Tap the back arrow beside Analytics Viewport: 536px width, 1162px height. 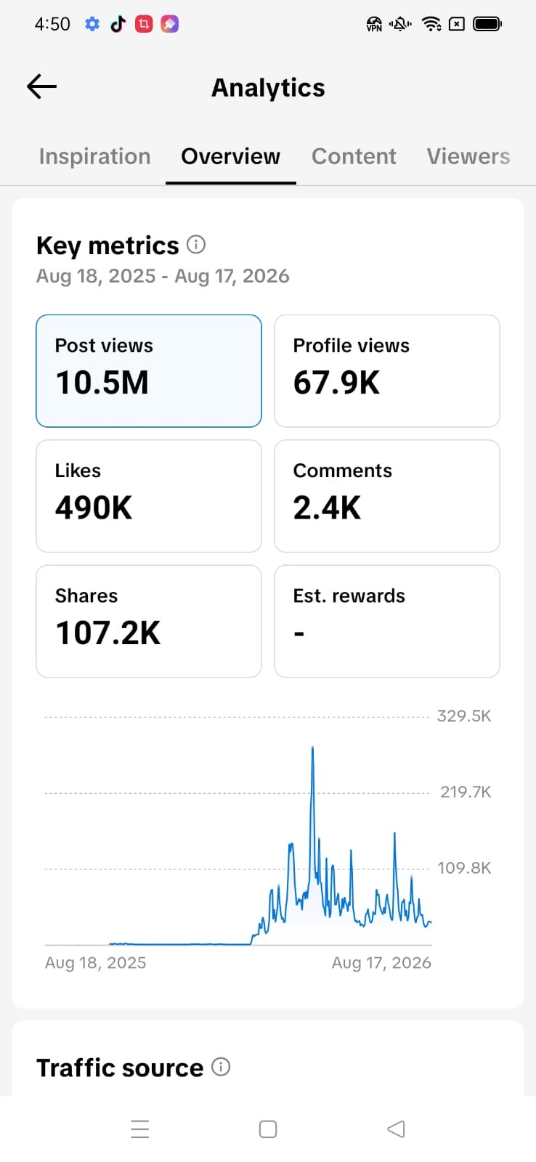[41, 86]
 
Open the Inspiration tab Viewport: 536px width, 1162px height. [95, 157]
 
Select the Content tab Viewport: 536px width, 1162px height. [354, 157]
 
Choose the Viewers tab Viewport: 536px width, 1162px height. [468, 157]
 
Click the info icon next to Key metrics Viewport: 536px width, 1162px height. [196, 244]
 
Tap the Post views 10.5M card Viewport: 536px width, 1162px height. [149, 371]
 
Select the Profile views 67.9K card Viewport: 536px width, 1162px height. [387, 371]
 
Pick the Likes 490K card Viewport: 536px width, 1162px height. [149, 496]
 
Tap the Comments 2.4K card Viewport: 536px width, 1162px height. [387, 496]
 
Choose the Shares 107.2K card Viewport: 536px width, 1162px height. [149, 621]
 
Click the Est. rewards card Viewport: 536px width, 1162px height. [387, 621]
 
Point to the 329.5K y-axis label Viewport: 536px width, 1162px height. [464, 716]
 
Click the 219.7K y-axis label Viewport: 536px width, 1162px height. [466, 792]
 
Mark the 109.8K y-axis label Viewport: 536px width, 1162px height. [464, 868]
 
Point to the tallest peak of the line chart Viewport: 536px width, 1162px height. [312, 747]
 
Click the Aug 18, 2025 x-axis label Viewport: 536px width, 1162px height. [95, 963]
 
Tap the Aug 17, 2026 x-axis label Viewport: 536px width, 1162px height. [381, 963]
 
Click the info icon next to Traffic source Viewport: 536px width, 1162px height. [221, 1067]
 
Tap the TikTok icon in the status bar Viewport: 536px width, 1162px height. [118, 24]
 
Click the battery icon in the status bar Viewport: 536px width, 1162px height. [487, 24]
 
